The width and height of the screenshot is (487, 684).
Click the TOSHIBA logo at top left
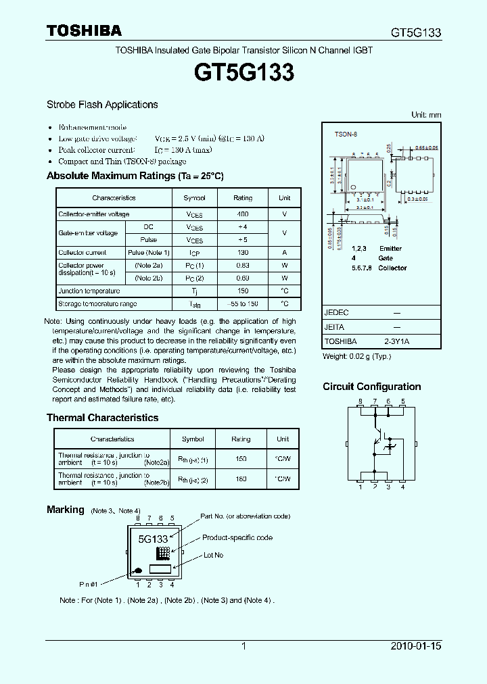(x=84, y=31)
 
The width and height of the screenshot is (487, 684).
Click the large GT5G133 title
(x=243, y=72)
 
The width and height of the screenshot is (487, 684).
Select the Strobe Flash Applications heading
(x=102, y=105)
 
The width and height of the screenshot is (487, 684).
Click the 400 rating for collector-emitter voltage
(x=243, y=214)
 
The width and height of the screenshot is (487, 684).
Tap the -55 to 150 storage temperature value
(x=243, y=304)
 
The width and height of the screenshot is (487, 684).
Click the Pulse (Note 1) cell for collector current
(x=148, y=252)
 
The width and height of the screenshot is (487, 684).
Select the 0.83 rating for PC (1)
(x=243, y=265)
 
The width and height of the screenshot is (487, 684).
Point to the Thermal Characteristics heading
(x=102, y=418)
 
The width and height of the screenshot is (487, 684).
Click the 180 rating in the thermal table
(x=241, y=479)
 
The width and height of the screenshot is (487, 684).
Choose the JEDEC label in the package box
(x=336, y=314)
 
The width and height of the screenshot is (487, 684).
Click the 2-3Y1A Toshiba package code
(x=397, y=342)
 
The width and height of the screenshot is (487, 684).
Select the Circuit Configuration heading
(x=371, y=387)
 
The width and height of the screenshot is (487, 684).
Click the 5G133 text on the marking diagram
(x=153, y=539)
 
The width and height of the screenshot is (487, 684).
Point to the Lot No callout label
(x=213, y=555)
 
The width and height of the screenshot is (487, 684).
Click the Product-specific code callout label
(x=237, y=538)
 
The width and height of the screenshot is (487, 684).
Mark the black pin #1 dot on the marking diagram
(x=137, y=569)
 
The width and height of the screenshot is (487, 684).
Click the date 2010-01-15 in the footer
(x=416, y=646)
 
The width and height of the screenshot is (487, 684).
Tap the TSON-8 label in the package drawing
(x=346, y=135)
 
